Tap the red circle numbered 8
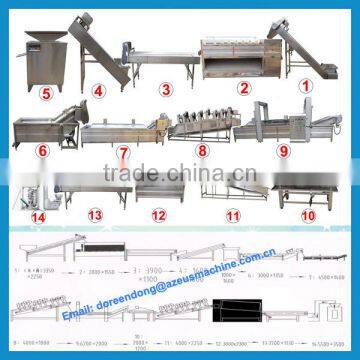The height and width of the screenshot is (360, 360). click(x=202, y=154)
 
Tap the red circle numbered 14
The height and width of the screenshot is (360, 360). click(x=37, y=215)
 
